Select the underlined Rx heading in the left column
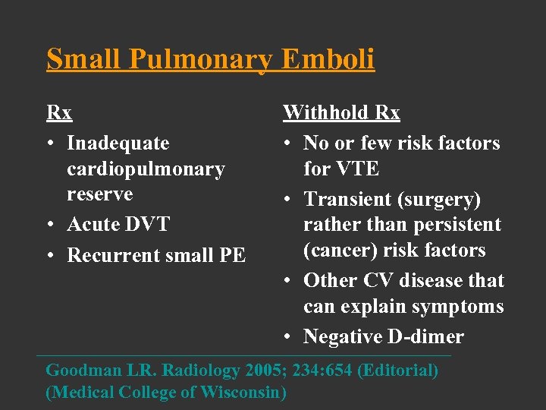pyautogui.click(x=59, y=113)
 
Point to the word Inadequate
pyautogui.click(x=118, y=143)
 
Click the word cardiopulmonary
pyautogui.click(x=146, y=169)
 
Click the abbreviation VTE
pyautogui.click(x=341, y=169)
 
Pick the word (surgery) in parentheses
pyautogui.click(x=441, y=199)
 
